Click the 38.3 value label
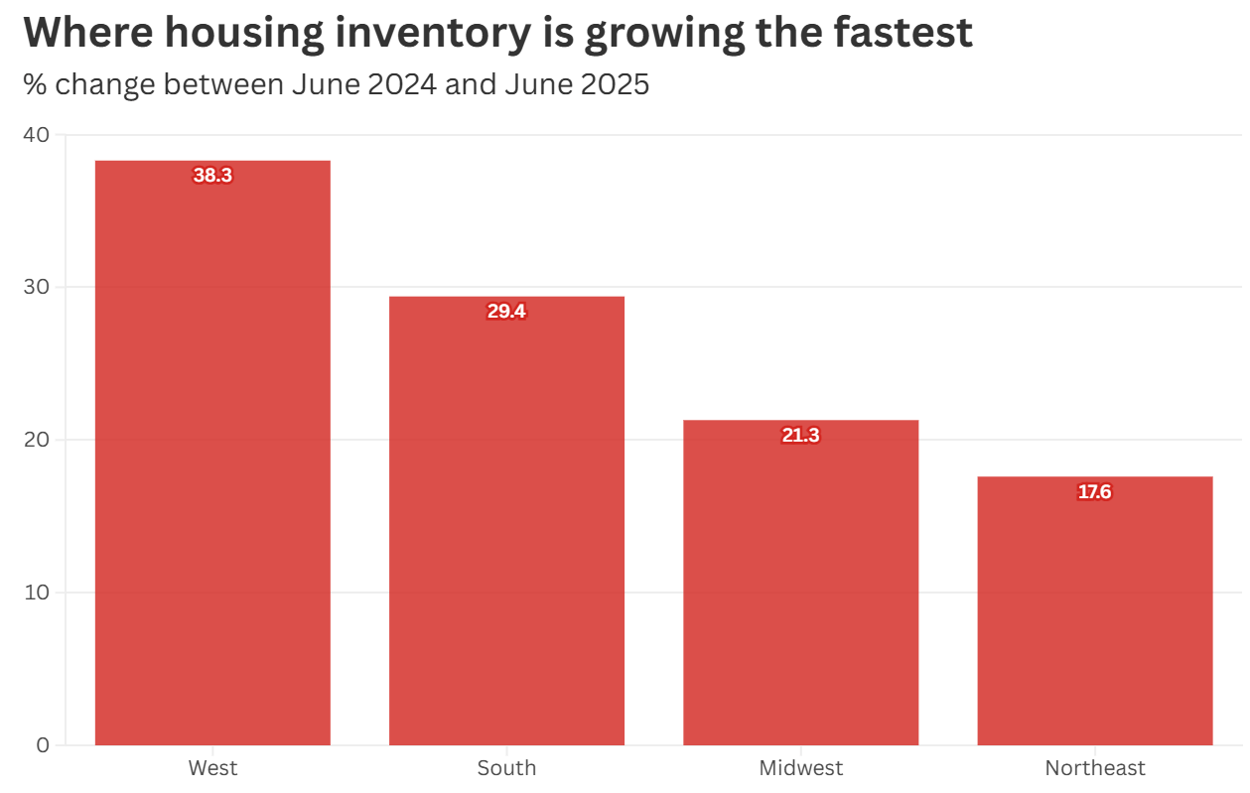tap(212, 176)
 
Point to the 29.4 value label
tap(506, 312)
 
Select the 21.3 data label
tap(800, 436)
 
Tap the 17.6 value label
tap(1095, 492)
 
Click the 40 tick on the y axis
tap(36, 135)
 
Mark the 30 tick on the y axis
tap(36, 288)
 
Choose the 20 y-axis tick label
tap(36, 440)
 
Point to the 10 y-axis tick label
tap(36, 593)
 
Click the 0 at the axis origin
tap(42, 745)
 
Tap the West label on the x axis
tap(212, 768)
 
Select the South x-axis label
tap(506, 768)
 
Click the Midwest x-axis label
tap(800, 768)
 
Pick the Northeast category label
tap(1095, 768)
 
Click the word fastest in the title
tap(899, 33)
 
